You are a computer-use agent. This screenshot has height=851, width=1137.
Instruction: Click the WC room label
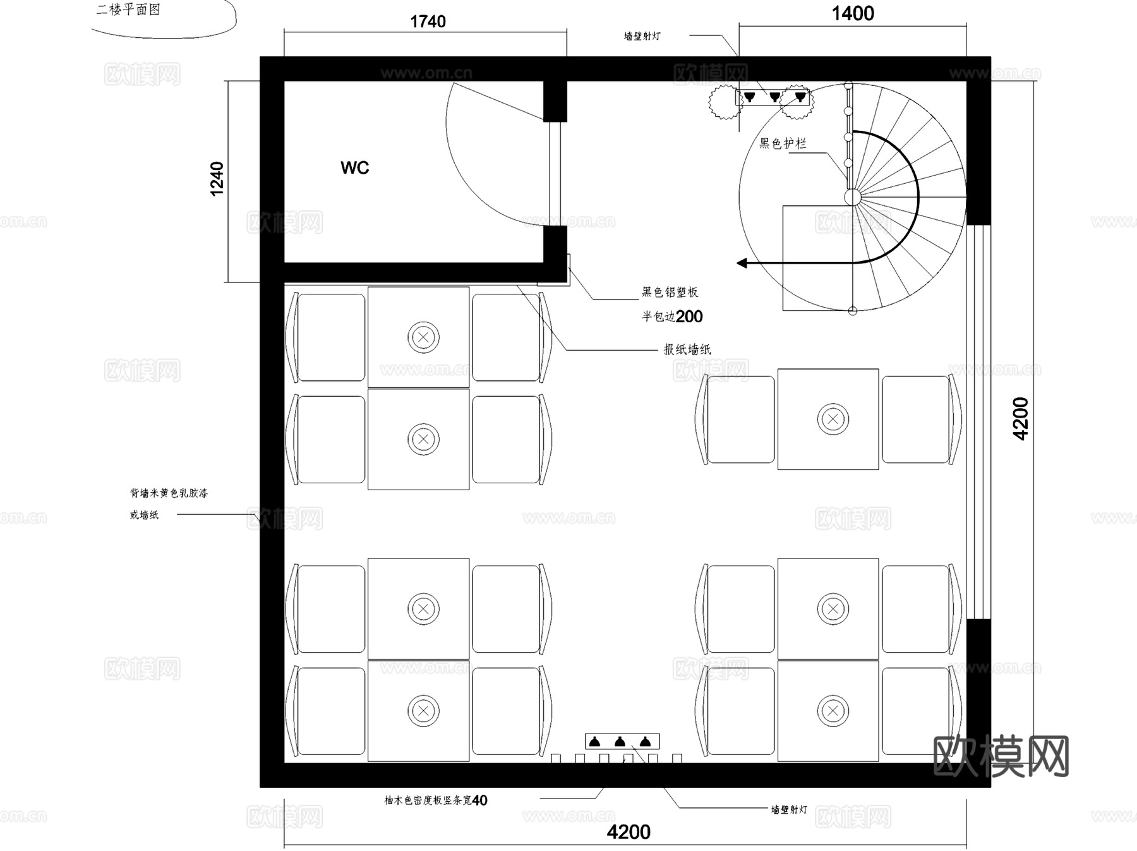354,168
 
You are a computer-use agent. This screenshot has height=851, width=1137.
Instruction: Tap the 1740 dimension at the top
428,22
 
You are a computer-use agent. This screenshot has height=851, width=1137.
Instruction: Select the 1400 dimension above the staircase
852,14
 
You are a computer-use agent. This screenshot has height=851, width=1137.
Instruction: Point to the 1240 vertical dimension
217,179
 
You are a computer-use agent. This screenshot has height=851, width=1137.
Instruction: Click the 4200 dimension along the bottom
628,831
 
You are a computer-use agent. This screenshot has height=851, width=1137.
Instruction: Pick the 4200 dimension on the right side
1020,418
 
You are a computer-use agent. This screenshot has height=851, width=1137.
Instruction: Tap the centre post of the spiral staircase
852,197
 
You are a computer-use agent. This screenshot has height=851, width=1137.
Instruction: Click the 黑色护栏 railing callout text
782,144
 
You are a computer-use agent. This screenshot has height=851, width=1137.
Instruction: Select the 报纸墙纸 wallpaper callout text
687,349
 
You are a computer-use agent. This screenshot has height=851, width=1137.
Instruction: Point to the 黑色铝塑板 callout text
670,292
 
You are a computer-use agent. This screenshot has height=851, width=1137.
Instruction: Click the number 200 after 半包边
689,317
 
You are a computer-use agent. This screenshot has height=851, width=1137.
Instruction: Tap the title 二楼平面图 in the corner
128,10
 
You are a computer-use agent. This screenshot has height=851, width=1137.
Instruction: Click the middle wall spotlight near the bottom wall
620,741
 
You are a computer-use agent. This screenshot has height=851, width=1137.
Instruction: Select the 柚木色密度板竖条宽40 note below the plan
435,800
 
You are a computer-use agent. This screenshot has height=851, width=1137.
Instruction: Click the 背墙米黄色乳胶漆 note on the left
169,493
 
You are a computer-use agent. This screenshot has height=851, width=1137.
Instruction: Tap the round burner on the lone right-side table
833,419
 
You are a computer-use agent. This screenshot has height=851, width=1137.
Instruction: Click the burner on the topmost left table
423,337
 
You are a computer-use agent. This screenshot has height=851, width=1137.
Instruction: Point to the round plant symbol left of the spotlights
725,102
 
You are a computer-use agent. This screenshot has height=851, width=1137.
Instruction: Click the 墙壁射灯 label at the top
642,36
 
